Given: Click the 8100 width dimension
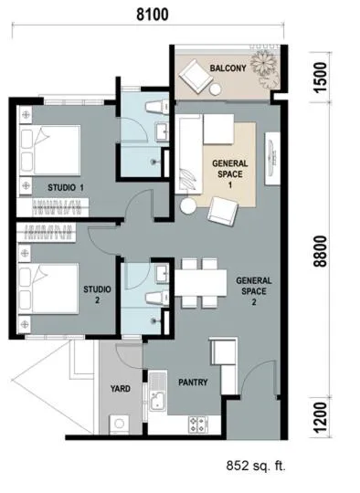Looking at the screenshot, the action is click(153, 15).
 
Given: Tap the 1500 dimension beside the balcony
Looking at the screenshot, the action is click(321, 78).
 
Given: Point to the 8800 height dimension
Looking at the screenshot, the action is click(321, 251).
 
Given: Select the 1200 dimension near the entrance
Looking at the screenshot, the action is click(321, 417).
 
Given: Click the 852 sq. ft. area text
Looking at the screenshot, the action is click(256, 466).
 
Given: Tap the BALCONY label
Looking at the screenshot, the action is click(228, 68).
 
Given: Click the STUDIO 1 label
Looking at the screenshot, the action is click(66, 188).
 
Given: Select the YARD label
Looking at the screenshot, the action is click(121, 389).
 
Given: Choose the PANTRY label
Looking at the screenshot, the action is click(193, 383).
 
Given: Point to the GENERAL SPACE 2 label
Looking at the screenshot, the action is click(254, 291).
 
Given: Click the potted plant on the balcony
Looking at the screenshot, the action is click(265, 67).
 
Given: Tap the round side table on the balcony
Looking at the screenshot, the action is click(216, 89).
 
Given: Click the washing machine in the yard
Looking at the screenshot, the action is click(119, 424).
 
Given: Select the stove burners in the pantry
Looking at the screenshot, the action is click(197, 425).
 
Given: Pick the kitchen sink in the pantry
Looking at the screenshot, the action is click(158, 392).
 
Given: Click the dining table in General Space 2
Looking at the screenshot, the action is click(201, 282).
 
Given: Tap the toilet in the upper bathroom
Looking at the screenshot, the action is click(157, 106).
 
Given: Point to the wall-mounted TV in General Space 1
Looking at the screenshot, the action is click(272, 159).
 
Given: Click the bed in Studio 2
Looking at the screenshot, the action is click(48, 288).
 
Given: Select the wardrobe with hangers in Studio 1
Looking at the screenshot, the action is click(53, 207).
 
